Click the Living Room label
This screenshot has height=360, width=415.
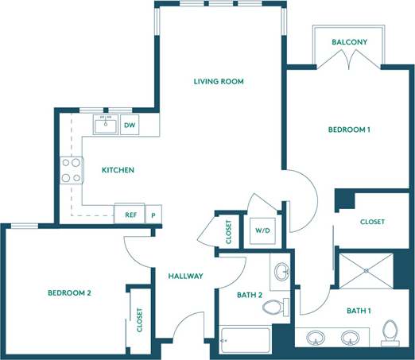point(219,81)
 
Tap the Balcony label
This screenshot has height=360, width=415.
point(349,42)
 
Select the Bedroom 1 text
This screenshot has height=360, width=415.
point(349,129)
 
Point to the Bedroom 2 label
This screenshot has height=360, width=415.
point(69,292)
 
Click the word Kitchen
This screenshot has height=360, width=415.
point(117,170)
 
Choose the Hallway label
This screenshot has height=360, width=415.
point(185,277)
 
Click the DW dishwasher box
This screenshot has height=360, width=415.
point(129,125)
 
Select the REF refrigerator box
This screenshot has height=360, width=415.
point(130,214)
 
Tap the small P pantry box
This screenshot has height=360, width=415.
point(151,214)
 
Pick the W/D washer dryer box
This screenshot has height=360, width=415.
point(262,231)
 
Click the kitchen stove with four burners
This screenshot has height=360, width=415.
point(72,169)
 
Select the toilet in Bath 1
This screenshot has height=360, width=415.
point(390,333)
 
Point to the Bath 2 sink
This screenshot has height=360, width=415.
point(282,272)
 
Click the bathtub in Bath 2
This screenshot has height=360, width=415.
point(244,343)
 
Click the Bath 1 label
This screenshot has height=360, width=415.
point(357,311)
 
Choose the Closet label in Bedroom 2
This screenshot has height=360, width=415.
point(140,319)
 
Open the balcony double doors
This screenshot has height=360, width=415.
point(349,60)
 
